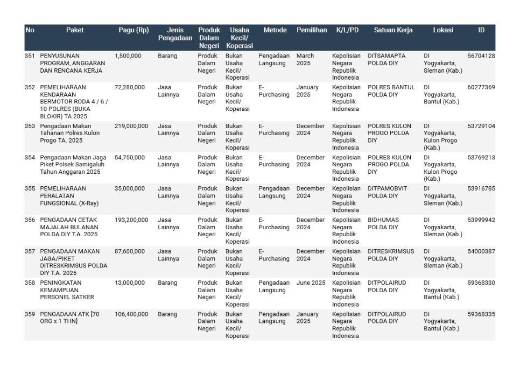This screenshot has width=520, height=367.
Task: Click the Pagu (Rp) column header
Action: click(x=133, y=30)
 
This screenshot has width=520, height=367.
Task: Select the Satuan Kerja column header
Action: click(x=393, y=30)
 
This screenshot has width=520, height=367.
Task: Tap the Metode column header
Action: click(x=275, y=30)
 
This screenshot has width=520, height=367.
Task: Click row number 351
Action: click(x=30, y=56)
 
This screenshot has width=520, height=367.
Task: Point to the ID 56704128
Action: click(x=481, y=56)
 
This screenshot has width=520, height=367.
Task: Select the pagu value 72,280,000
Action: click(x=130, y=87)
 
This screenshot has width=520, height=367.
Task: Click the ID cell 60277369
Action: click(x=481, y=87)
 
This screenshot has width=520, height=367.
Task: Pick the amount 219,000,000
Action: click(x=131, y=126)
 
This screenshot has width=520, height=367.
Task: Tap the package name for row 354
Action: click(x=73, y=165)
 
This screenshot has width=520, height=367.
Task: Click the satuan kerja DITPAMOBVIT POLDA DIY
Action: click(x=388, y=192)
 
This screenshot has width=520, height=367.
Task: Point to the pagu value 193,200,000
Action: click(x=131, y=220)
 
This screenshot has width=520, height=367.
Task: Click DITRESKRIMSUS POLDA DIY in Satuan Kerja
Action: click(x=391, y=255)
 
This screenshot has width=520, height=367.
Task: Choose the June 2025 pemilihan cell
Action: click(x=311, y=283)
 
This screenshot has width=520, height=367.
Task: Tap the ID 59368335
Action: click(x=481, y=314)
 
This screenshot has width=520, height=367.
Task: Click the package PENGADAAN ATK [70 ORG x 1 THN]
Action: click(x=70, y=317)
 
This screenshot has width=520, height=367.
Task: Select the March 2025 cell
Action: click(x=305, y=60)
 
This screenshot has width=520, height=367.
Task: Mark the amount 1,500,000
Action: click(x=128, y=56)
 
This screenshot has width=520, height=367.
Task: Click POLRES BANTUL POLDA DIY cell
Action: click(x=391, y=91)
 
